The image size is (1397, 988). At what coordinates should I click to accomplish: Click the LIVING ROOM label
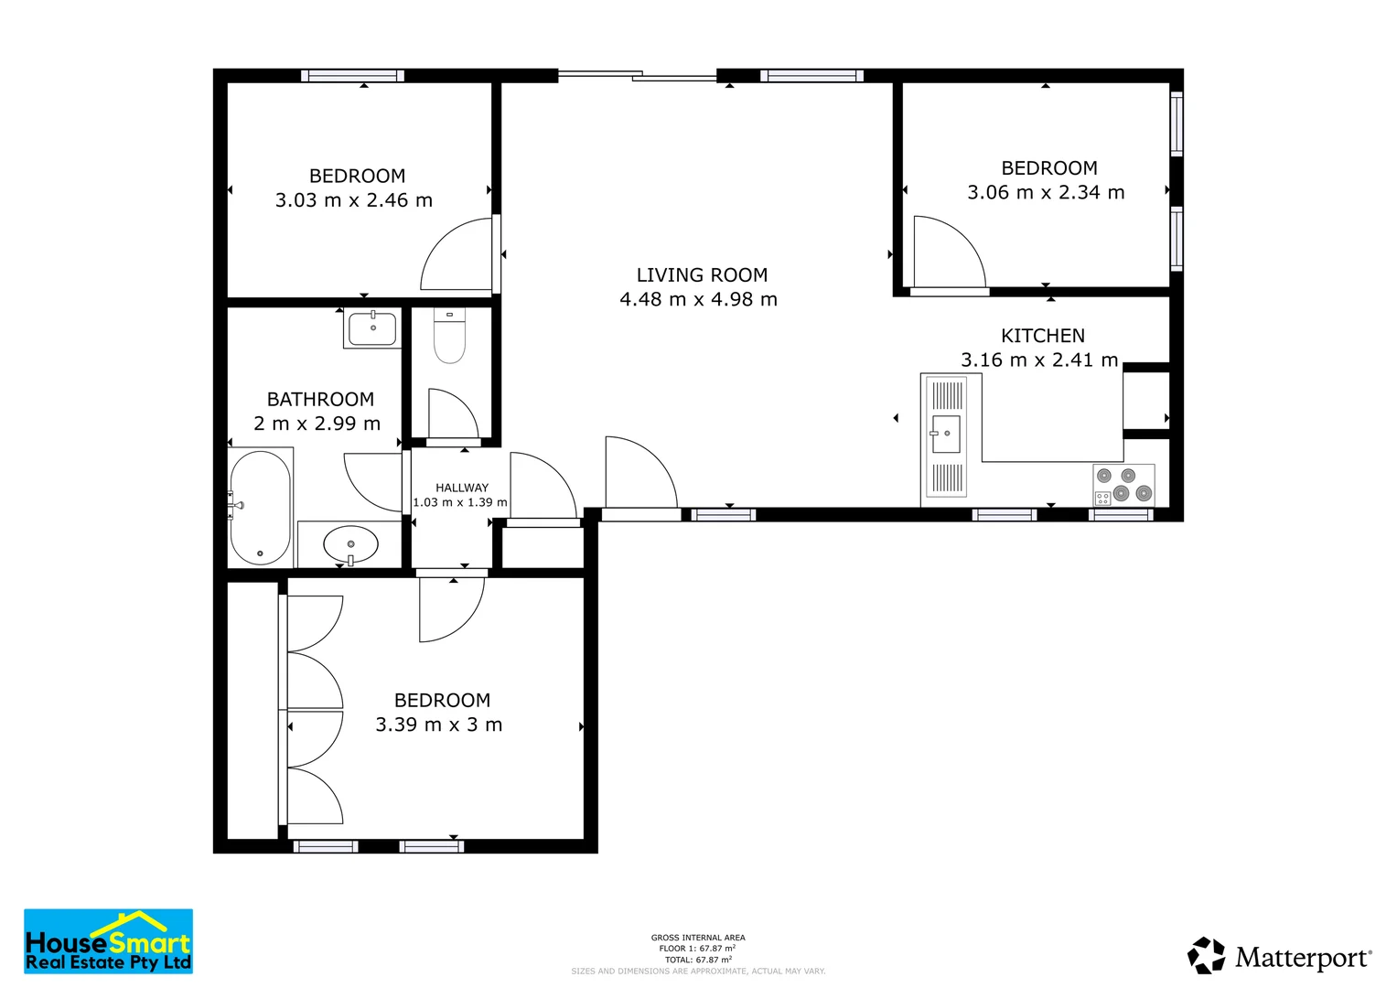point(702,275)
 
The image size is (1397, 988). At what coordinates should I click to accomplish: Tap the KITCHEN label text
point(1043,336)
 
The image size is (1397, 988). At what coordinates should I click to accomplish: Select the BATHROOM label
point(320,399)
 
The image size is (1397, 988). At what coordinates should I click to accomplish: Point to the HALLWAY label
point(461,488)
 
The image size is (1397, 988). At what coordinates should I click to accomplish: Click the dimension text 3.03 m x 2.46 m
point(354,200)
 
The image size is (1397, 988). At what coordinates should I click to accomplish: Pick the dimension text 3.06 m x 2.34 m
point(1046,192)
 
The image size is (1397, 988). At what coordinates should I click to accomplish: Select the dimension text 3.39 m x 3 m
point(438,725)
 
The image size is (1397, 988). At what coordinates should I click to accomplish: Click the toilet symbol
point(450,336)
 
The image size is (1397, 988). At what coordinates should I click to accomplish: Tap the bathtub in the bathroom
point(260,508)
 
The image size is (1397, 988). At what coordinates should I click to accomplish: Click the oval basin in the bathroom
point(350,545)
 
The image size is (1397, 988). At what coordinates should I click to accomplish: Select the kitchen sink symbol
point(946,435)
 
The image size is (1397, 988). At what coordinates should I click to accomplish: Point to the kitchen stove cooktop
point(1123,485)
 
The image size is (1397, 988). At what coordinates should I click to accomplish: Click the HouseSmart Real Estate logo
point(109,941)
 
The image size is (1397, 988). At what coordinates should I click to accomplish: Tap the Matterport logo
point(1279,955)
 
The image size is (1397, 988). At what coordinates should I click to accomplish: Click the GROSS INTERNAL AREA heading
point(698,938)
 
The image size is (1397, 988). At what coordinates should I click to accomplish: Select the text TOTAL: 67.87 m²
point(698,960)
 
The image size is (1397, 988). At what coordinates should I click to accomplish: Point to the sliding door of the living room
point(637,76)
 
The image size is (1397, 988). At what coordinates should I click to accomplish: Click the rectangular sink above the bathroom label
point(372,328)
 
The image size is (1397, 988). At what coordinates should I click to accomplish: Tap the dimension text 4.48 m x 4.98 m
point(699,299)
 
